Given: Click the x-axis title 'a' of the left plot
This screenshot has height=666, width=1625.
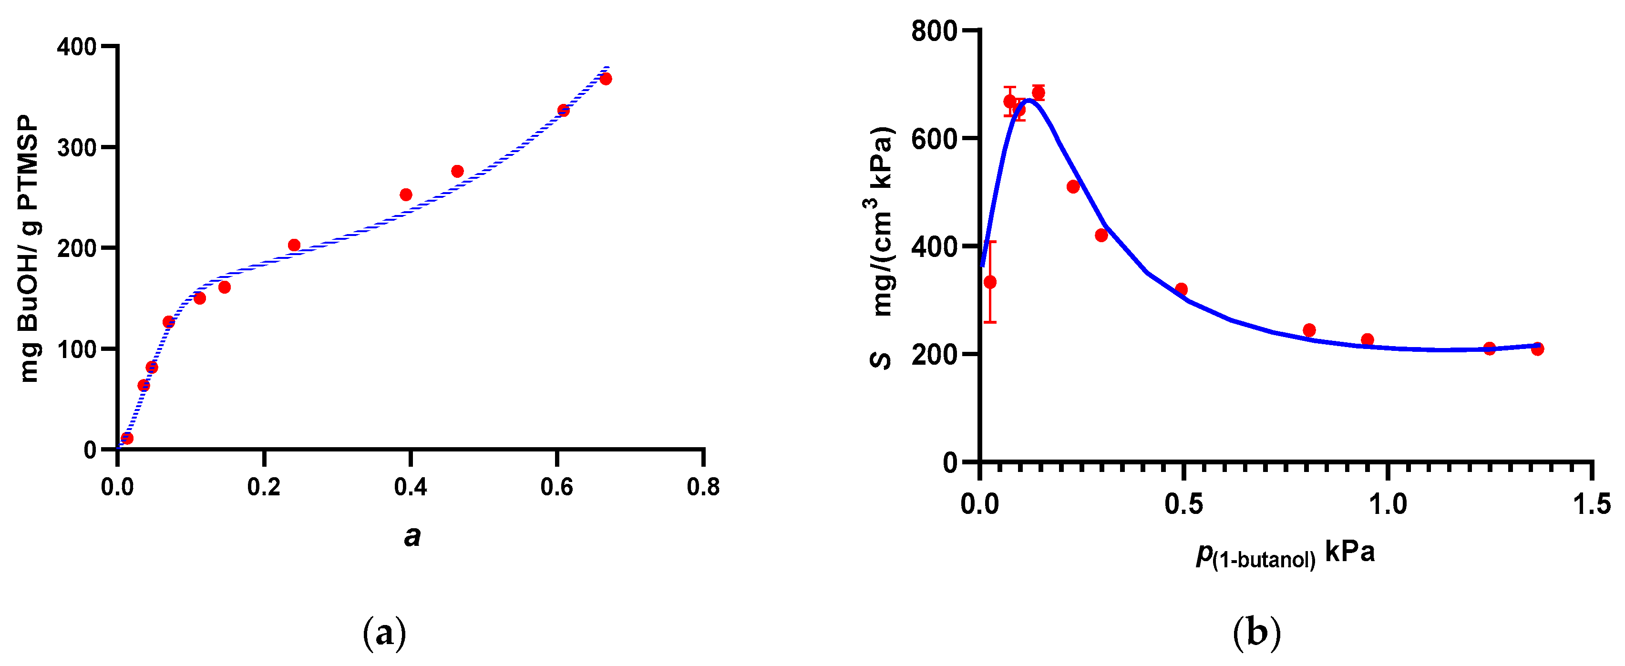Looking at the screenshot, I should click(412, 537).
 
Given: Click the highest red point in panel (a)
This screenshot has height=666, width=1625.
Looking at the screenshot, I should click(606, 79).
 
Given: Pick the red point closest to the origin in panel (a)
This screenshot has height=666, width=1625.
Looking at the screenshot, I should click(127, 438).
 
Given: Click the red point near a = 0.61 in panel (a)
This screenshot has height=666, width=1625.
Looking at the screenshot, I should click(563, 111).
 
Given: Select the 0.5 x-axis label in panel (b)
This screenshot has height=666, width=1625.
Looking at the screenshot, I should click(1183, 504).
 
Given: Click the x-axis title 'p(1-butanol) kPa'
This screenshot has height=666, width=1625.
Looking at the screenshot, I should click(1285, 554).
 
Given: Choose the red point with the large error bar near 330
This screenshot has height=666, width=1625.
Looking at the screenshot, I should click(990, 282).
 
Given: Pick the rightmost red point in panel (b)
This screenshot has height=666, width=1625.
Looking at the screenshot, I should click(1537, 349).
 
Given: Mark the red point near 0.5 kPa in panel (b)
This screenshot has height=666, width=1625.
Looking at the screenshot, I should click(1182, 289).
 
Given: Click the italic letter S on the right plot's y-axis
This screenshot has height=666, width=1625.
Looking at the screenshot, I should click(881, 360).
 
